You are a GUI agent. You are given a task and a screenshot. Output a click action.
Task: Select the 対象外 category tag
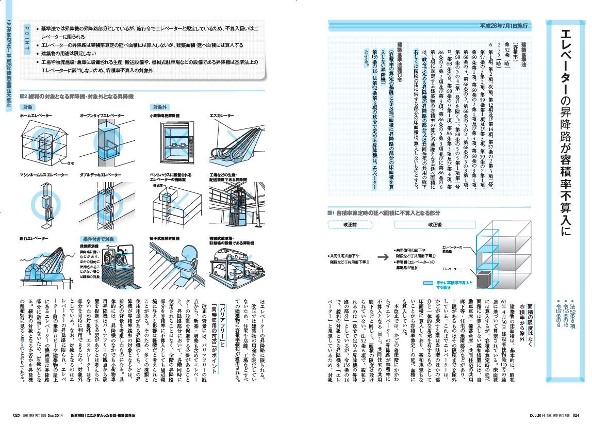[x=159, y=107]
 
